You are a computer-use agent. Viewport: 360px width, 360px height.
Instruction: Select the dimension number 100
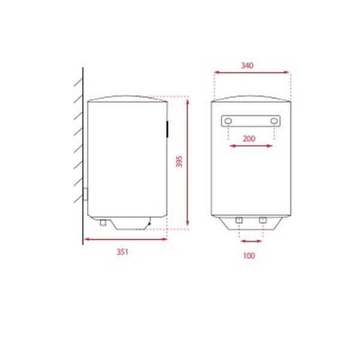250,256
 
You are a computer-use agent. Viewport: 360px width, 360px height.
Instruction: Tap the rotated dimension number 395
179,162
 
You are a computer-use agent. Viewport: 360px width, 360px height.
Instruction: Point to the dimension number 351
122,252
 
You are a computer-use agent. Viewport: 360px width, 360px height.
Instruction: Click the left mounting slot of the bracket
229,122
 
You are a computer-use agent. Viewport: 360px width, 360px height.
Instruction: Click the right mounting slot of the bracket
274,122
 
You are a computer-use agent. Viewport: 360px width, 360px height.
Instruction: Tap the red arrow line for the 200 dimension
251,145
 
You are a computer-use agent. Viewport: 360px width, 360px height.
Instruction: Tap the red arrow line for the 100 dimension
251,241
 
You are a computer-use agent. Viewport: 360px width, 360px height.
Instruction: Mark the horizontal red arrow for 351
125,239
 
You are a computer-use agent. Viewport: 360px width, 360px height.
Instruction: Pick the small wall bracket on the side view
86,194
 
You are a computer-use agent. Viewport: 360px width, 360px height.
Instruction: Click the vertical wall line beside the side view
82,156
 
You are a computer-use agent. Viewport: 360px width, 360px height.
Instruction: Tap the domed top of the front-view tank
251,98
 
